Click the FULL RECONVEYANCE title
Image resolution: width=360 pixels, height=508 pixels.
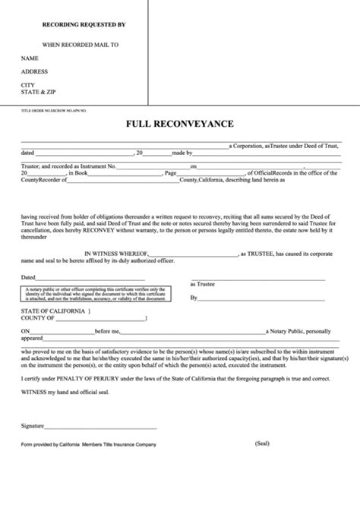[x=180, y=124]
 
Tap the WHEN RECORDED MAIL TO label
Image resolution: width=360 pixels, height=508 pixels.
[x=81, y=45]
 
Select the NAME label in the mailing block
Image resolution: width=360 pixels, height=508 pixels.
[x=30, y=58]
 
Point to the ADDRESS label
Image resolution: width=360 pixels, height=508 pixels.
[x=35, y=71]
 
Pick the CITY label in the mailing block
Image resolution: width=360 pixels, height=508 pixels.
[x=28, y=84]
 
